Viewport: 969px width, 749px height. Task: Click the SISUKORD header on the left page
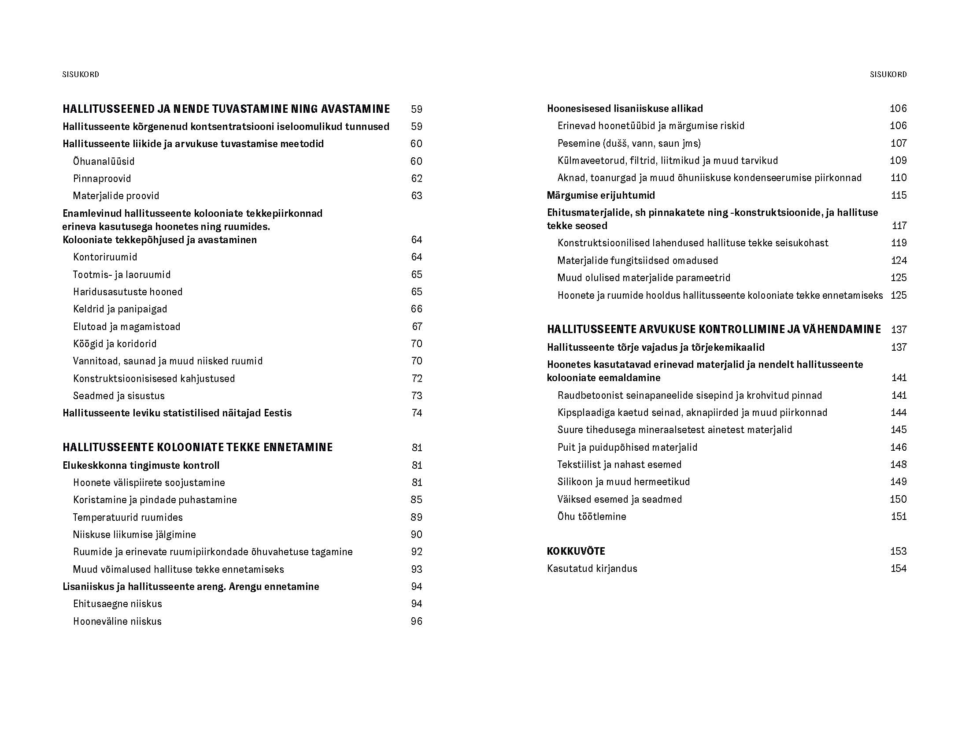point(81,74)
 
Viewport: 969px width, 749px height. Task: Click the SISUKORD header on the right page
point(888,74)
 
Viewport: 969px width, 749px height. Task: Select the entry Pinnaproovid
point(102,178)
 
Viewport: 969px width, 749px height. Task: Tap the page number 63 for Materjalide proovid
point(417,196)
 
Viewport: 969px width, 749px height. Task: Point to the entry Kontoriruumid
point(105,257)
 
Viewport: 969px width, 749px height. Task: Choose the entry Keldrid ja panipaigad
point(120,309)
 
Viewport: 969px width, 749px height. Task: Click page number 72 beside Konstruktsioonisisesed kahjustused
point(417,378)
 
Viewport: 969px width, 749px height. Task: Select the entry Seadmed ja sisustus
point(119,396)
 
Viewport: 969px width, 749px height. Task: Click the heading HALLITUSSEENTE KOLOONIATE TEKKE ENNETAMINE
point(197,447)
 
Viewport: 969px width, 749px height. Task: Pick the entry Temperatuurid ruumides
point(128,517)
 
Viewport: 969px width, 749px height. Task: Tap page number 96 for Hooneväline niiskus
point(417,621)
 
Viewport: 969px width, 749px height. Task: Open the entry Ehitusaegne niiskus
point(118,604)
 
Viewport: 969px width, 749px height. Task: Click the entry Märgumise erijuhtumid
point(601,195)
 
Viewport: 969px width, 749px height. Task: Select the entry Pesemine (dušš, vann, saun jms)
point(629,143)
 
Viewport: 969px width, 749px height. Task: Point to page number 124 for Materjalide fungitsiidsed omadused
point(899,260)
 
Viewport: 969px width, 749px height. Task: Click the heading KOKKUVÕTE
point(576,551)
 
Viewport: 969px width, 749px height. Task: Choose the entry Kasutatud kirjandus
point(592,568)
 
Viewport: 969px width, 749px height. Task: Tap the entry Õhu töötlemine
point(592,516)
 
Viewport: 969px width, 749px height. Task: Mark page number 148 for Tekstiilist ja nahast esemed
point(899,464)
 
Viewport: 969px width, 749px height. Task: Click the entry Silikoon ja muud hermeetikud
point(624,482)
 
